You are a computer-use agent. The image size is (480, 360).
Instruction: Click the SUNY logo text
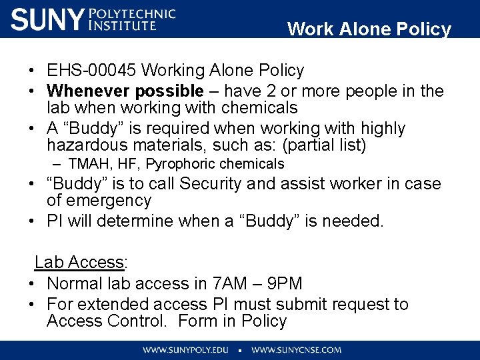(x=48, y=19)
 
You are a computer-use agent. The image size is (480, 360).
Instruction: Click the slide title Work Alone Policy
(x=369, y=29)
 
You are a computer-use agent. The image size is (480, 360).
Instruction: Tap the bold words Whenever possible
(x=125, y=91)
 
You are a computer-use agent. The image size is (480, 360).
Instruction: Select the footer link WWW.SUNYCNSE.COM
(x=296, y=350)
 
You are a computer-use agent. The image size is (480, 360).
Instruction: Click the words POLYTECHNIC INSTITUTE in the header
(x=132, y=19)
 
